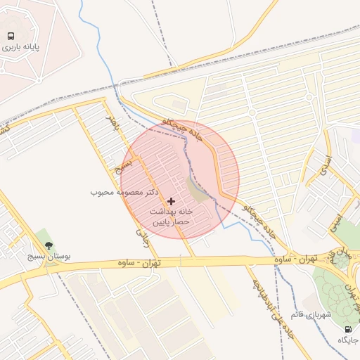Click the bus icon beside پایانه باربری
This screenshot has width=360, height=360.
11,36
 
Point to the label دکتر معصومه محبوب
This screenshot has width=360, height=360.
124,192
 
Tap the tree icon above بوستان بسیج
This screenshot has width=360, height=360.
49,245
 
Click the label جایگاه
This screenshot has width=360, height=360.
347,340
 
